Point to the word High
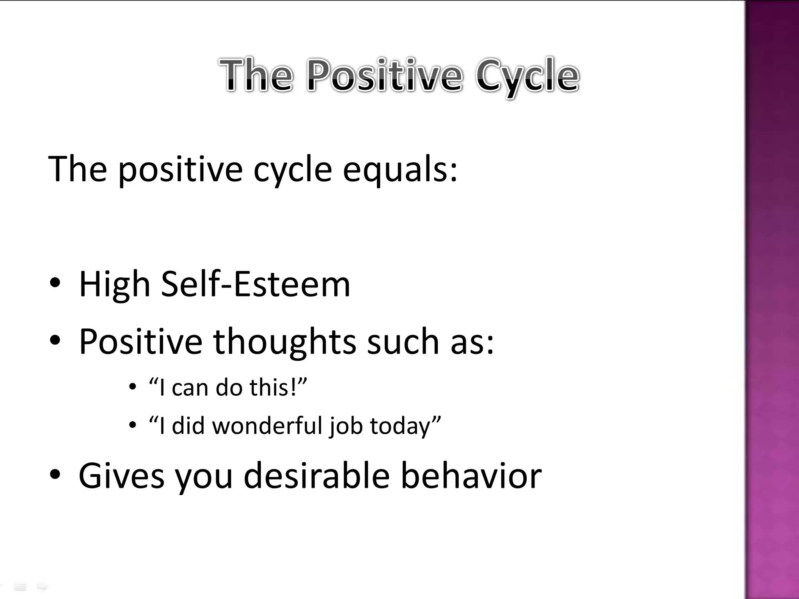point(114,285)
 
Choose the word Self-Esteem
point(256,284)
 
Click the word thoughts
point(284,342)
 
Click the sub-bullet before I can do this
point(133,387)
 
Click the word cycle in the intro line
point(293,170)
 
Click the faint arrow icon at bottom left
point(42,587)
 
